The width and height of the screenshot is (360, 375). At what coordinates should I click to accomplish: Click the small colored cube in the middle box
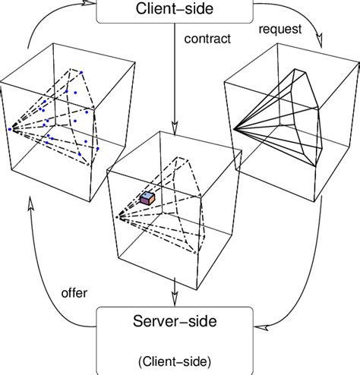click(x=147, y=198)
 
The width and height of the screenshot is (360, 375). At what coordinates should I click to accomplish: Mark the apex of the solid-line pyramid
click(x=234, y=131)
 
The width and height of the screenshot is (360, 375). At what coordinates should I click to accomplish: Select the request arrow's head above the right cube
click(x=324, y=45)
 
